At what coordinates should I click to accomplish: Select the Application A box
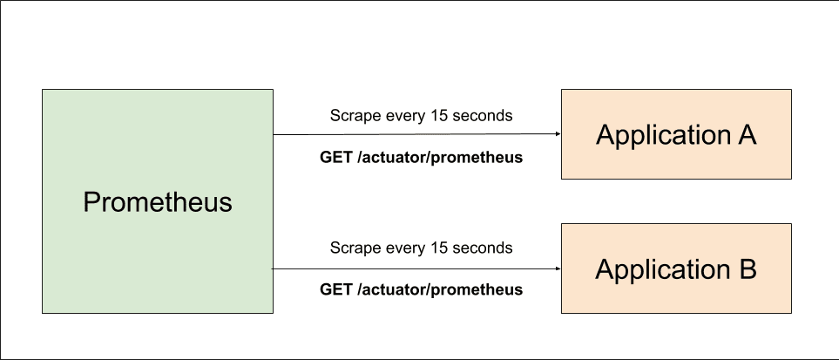point(676,134)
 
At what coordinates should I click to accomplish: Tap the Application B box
point(676,268)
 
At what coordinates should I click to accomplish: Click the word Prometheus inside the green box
point(158,202)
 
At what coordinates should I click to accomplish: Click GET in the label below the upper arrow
point(337,158)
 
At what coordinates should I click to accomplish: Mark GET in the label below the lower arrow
point(337,289)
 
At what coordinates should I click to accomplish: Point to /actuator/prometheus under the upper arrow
point(440,158)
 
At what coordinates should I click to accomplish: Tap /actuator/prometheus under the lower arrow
point(440,289)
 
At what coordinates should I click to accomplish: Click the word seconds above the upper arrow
point(483,115)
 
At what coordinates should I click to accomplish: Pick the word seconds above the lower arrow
point(483,248)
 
